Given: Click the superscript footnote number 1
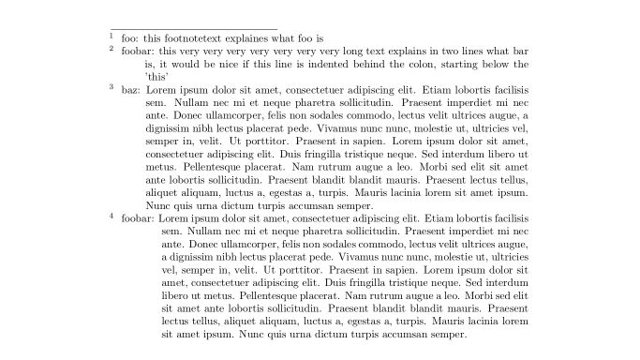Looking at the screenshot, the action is coord(111,36).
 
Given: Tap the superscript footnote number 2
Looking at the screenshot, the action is coord(111,48).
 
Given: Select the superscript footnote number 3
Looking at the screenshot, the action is coord(111,86).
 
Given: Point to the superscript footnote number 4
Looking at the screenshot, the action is coord(111,216).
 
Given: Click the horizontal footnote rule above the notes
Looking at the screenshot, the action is coord(193,29).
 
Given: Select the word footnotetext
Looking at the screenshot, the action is coord(191,38).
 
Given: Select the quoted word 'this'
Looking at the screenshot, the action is coord(156,77).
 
